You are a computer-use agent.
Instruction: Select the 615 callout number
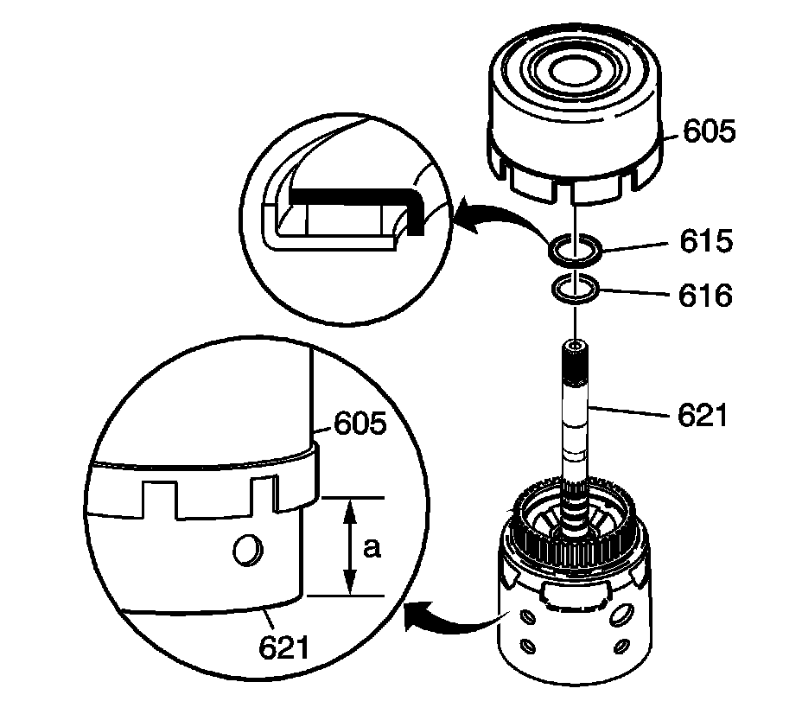point(707,241)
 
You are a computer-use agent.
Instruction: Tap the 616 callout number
point(705,296)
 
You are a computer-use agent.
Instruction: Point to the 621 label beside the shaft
point(703,417)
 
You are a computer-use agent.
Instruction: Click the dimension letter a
point(372,548)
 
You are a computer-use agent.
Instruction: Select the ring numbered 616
point(575,290)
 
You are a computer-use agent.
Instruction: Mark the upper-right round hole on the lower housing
point(621,613)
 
